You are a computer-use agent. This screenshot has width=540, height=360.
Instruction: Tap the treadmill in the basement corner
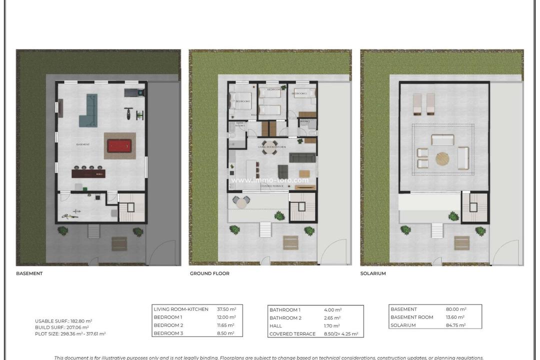[x=133, y=92]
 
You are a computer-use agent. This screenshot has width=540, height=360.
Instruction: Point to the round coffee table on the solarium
[x=442, y=159]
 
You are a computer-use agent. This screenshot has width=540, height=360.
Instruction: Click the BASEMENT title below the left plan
[x=29, y=273]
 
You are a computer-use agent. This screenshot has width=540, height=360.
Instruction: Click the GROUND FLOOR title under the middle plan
[x=209, y=273]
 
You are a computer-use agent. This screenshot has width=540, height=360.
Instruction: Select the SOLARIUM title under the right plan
[x=373, y=273]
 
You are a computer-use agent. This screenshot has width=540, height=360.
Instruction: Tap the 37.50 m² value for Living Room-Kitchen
[x=226, y=309]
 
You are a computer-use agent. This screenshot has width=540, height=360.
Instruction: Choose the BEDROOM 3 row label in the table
[x=168, y=333]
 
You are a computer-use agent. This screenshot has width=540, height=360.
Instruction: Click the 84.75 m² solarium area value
[x=456, y=325]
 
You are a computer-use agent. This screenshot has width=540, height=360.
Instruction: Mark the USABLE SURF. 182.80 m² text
[x=63, y=321]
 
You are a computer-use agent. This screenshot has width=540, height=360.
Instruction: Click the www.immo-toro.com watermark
[x=270, y=180]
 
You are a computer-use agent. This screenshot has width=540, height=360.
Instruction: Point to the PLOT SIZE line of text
[x=70, y=333]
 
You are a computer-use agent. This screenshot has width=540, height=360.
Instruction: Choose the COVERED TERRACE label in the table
[x=292, y=334]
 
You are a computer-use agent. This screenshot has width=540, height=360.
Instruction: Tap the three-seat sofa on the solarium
[x=442, y=139]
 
